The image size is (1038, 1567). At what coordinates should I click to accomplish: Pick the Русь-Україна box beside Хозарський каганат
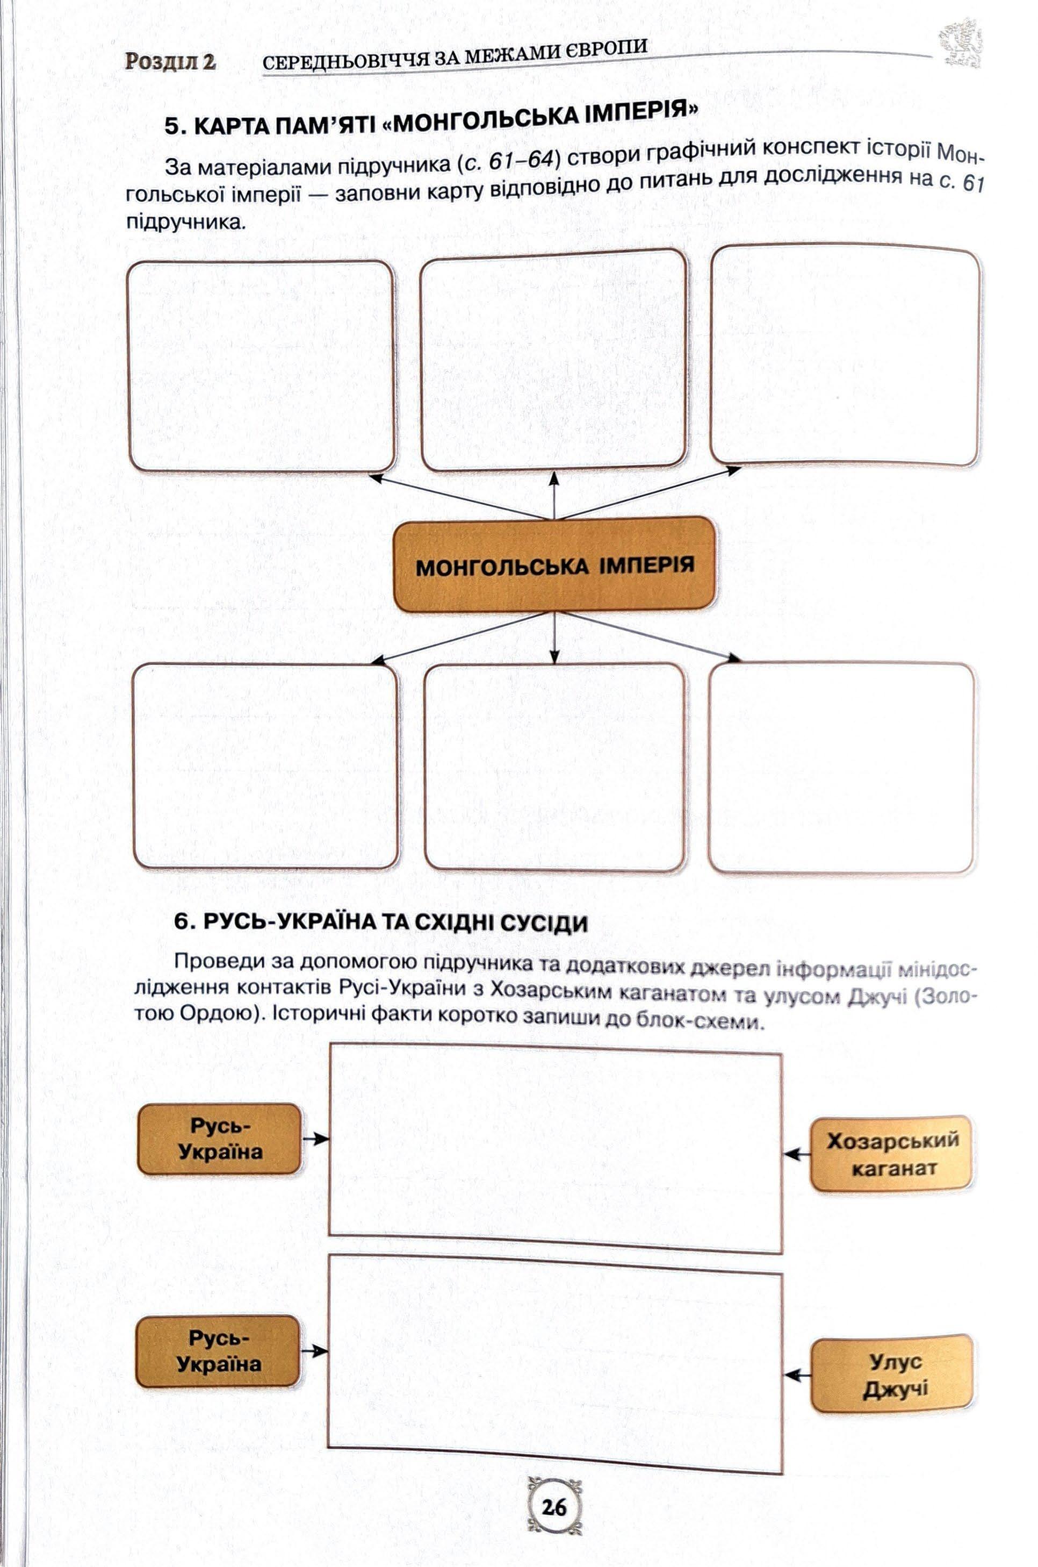(x=220, y=1139)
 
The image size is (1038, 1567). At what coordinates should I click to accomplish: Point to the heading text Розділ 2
(x=170, y=62)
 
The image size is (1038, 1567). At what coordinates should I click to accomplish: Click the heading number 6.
(x=183, y=922)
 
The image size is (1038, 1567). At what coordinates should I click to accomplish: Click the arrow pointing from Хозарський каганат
(x=797, y=1154)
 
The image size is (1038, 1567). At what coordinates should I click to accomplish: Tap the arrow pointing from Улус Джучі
(x=798, y=1375)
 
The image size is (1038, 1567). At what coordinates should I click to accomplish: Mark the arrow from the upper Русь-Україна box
(x=315, y=1139)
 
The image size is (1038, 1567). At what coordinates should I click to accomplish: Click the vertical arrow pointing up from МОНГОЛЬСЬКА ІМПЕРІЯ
(x=554, y=494)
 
